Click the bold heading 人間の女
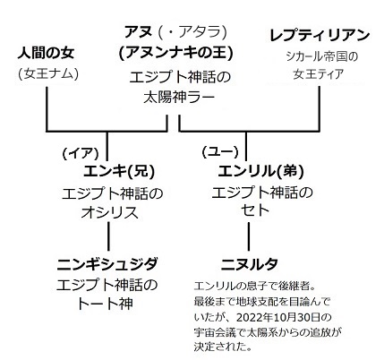click(x=46, y=53)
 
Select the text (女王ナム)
click(x=48, y=73)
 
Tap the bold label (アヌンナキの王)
click(x=175, y=53)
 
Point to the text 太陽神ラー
click(x=179, y=97)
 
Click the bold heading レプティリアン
click(x=320, y=36)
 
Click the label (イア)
click(x=81, y=153)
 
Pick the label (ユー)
click(x=220, y=152)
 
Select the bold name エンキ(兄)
click(x=119, y=171)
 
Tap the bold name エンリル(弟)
click(x=260, y=171)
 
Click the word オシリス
click(x=110, y=212)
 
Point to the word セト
click(x=255, y=210)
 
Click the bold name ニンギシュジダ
click(x=107, y=264)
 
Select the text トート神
click(x=105, y=304)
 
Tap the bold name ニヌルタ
click(x=250, y=264)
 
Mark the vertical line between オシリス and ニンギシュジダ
click(x=108, y=236)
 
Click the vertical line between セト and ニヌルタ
click(x=249, y=236)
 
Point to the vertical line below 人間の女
click(x=47, y=109)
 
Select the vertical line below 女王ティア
click(x=320, y=109)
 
